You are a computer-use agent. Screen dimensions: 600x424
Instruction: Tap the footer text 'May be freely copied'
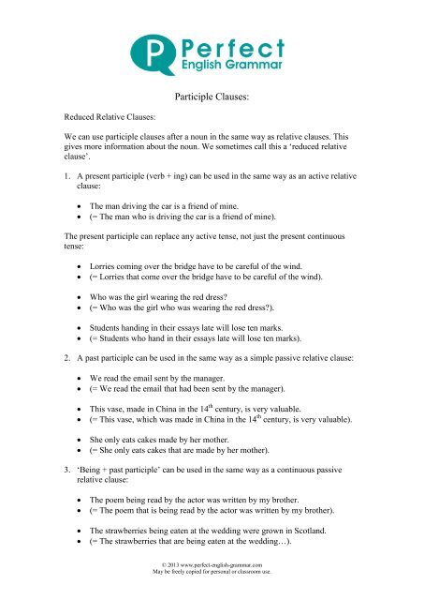212,592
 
